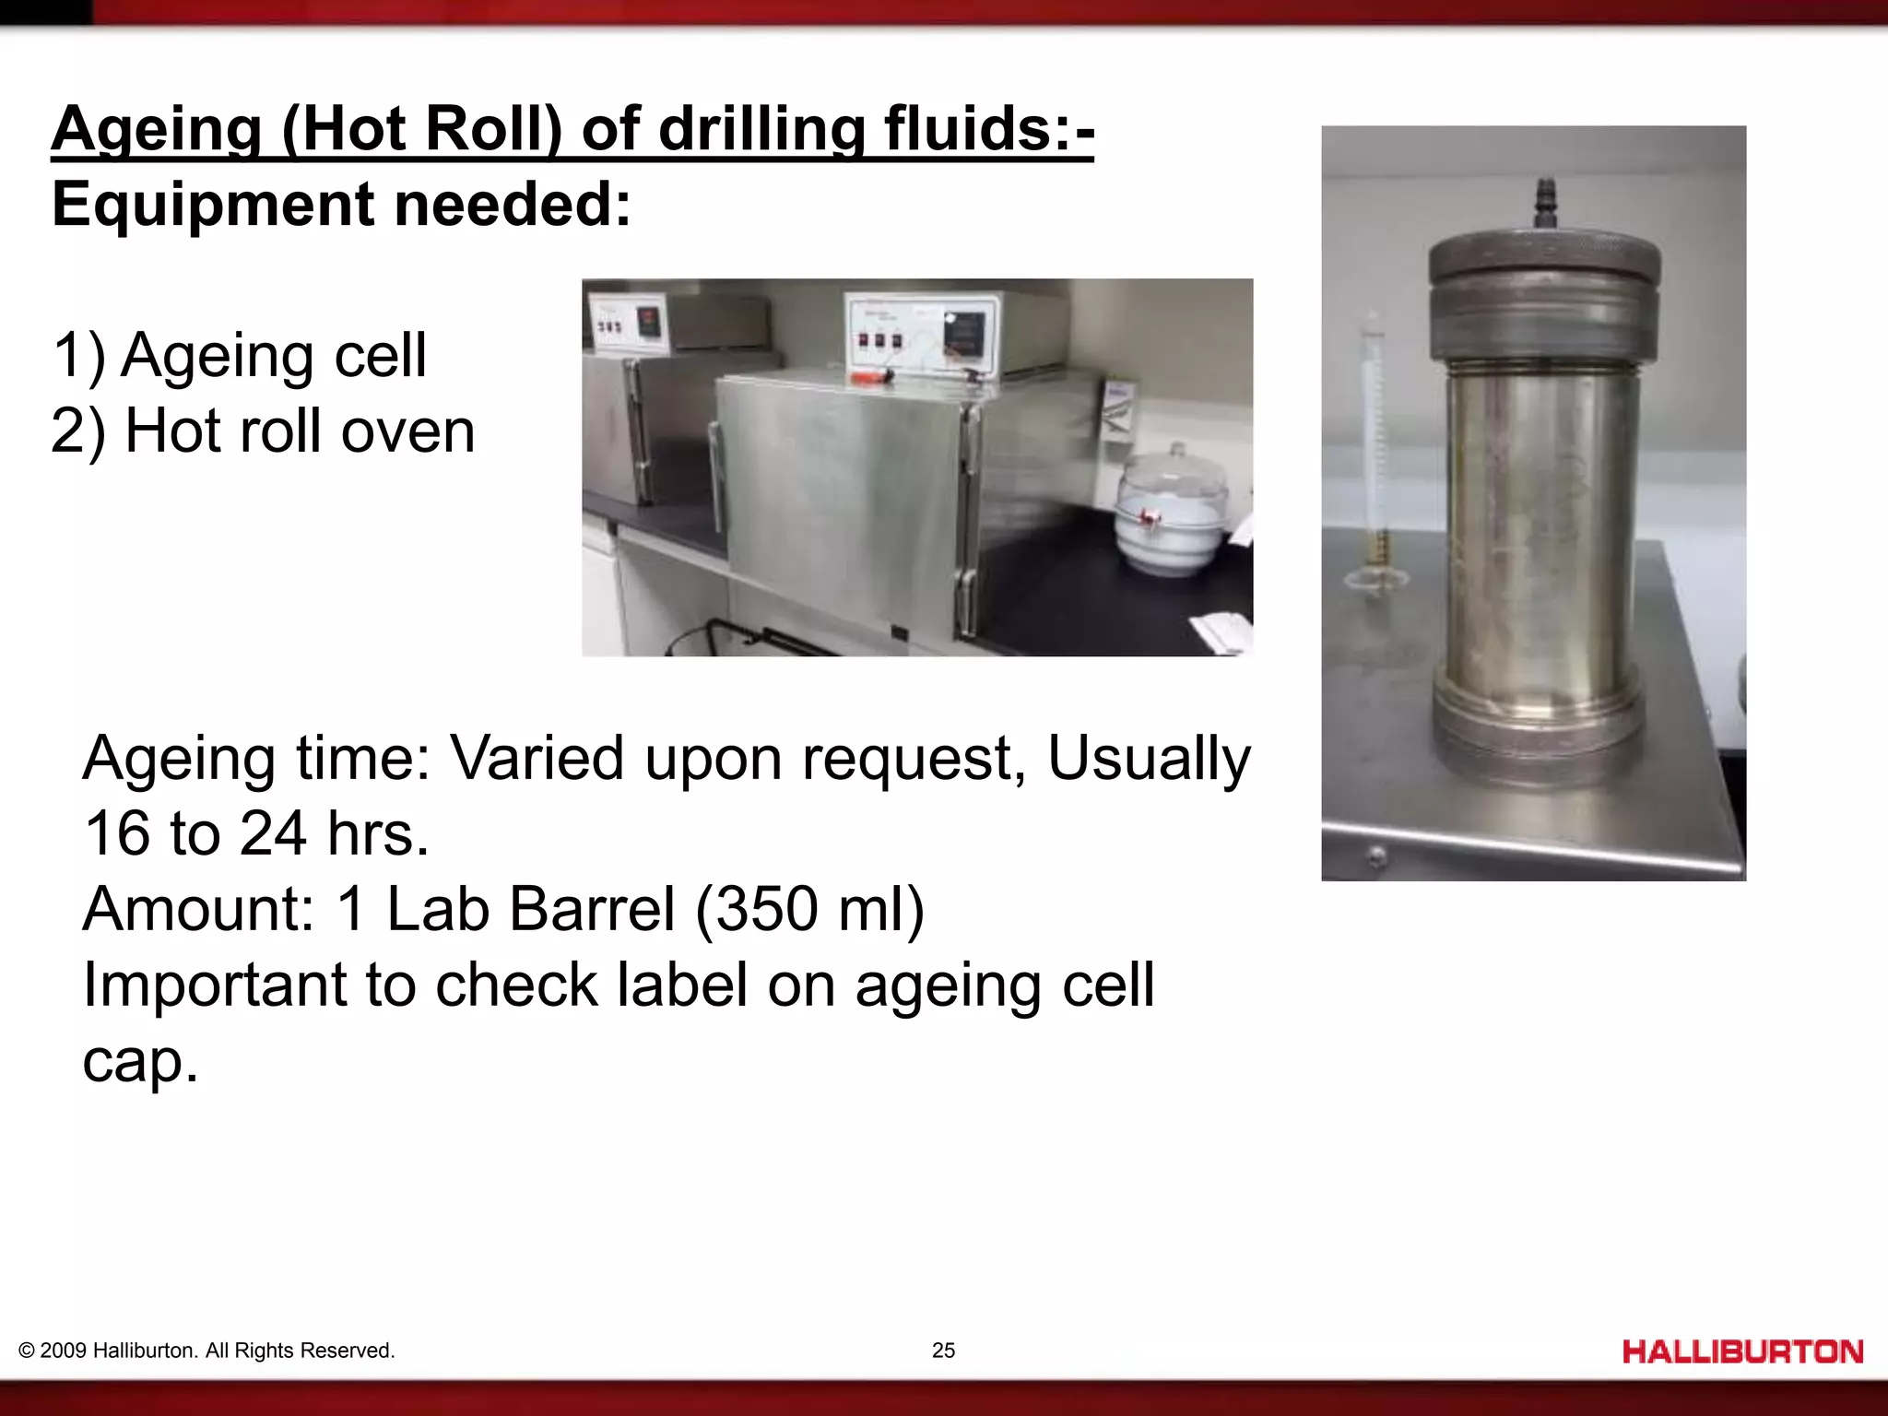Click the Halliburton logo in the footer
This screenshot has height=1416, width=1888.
coord(1742,1352)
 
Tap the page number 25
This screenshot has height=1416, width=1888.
coord(943,1351)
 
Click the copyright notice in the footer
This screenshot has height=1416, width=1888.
coord(206,1351)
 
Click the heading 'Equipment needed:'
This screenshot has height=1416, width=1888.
coord(342,204)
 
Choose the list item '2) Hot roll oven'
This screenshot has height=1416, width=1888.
coord(264,431)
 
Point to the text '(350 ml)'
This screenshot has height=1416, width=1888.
coord(809,909)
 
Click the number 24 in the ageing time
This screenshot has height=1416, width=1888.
coord(273,833)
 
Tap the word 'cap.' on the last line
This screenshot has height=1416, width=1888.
coord(140,1060)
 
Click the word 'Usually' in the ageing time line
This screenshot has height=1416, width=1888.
coord(1149,758)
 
